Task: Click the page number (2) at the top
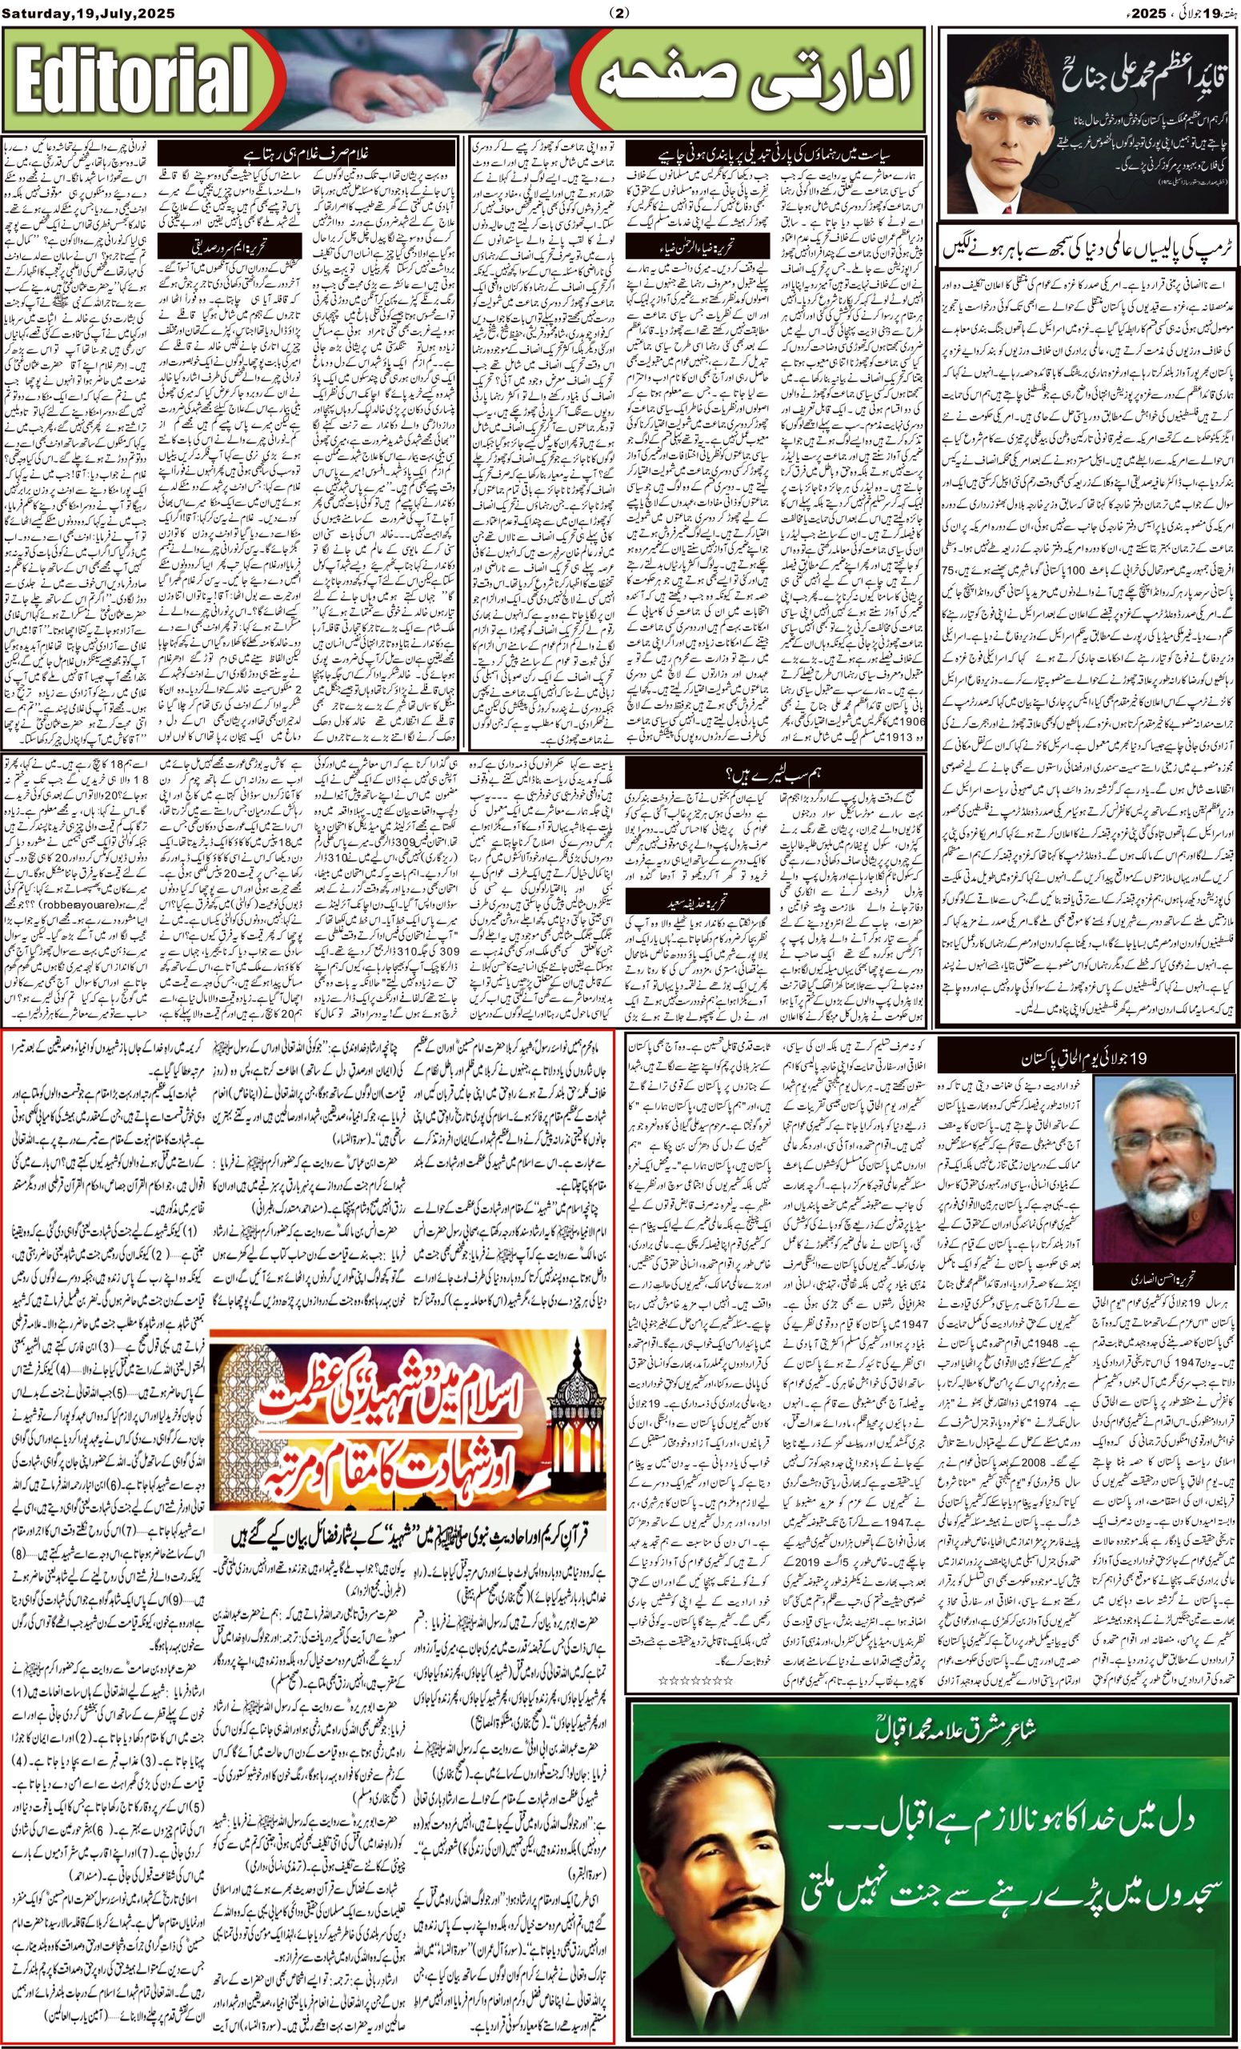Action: [x=621, y=13]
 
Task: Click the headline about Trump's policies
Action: [x=1089, y=247]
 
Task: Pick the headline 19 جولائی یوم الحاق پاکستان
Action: [x=1089, y=1060]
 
